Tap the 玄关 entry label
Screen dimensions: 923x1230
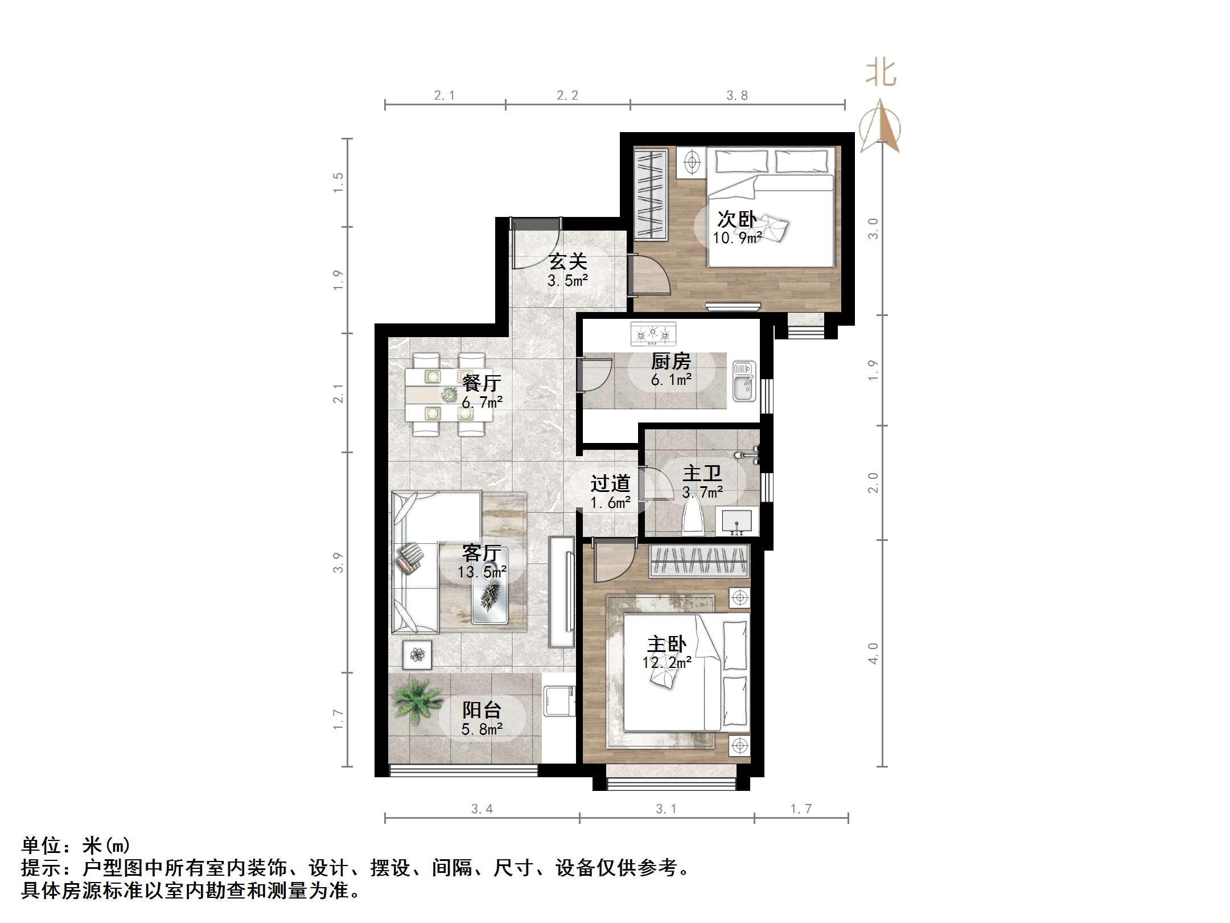[x=567, y=262]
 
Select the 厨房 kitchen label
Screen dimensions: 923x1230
[x=671, y=361]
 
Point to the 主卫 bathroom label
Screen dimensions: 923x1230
[x=702, y=473]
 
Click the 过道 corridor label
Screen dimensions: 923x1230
[x=610, y=484]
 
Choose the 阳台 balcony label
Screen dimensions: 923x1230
[x=482, y=710]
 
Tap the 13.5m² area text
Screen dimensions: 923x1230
[x=482, y=572]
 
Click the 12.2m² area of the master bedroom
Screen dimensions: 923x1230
[x=667, y=663]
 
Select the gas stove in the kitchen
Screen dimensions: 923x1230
[x=653, y=334]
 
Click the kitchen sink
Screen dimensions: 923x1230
[x=743, y=380]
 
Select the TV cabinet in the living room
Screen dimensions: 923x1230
[x=562, y=591]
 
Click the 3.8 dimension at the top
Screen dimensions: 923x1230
[x=737, y=96]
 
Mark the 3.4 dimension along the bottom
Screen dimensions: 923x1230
[x=482, y=809]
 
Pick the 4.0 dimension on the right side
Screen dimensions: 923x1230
[x=873, y=653]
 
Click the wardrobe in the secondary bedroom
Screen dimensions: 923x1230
[x=651, y=194]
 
